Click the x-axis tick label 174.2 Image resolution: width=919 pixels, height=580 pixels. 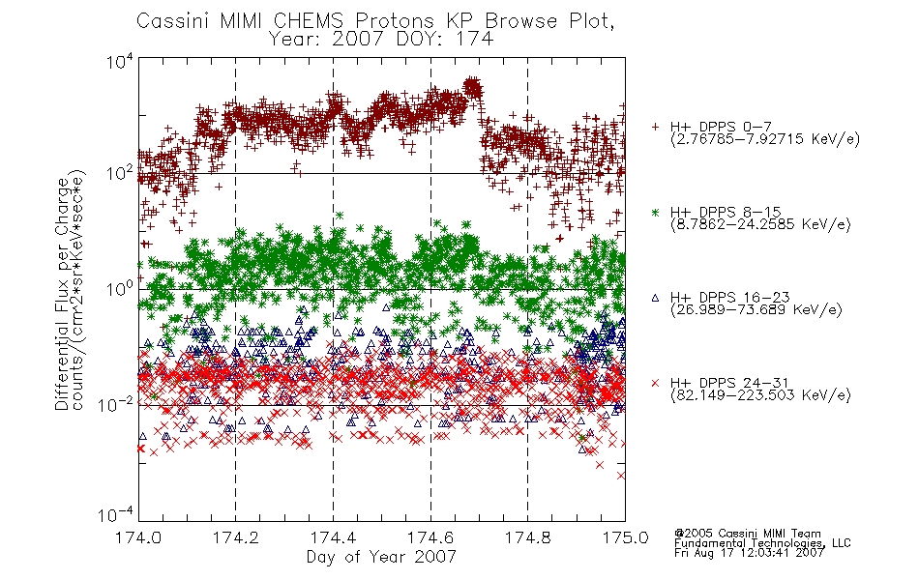click(x=236, y=537)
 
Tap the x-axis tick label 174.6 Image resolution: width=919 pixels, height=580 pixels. click(x=430, y=537)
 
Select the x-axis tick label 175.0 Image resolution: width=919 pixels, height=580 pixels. click(x=625, y=537)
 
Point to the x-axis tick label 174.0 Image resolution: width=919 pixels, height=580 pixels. click(x=138, y=537)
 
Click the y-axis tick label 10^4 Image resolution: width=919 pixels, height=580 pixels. click(x=120, y=61)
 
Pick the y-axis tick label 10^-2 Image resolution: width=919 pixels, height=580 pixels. click(x=116, y=403)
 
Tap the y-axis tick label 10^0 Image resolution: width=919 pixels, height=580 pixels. click(x=120, y=288)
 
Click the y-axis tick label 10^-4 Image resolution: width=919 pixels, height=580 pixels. click(x=116, y=514)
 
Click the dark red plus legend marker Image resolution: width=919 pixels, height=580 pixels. click(x=655, y=127)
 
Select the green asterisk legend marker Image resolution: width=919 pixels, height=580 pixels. click(x=655, y=212)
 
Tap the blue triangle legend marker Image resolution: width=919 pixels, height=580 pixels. click(x=655, y=298)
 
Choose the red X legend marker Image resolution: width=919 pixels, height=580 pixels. click(x=655, y=383)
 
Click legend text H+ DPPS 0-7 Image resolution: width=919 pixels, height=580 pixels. click(x=721, y=127)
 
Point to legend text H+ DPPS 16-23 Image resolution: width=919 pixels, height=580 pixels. click(x=729, y=297)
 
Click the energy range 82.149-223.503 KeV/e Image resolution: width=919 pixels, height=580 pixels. click(x=760, y=395)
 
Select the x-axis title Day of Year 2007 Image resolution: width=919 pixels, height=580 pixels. click(x=381, y=556)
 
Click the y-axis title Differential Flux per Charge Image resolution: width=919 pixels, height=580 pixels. click(x=62, y=294)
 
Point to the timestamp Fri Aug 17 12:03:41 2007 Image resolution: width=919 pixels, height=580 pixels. click(x=749, y=553)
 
